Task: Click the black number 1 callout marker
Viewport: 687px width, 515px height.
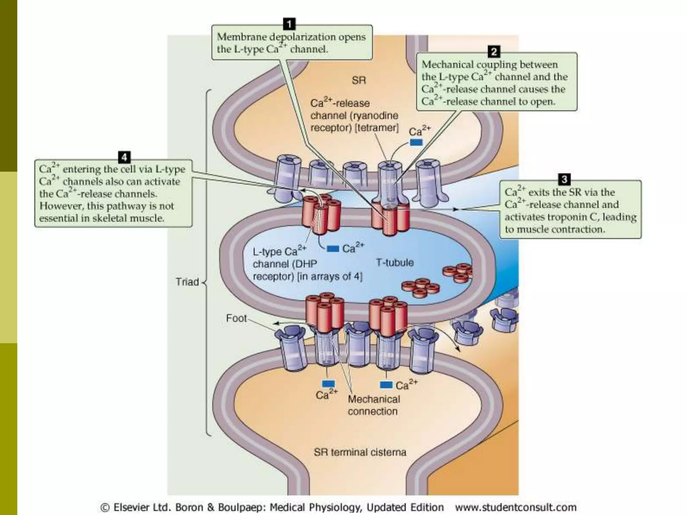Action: click(x=289, y=24)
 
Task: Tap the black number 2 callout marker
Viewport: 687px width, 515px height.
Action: click(x=493, y=52)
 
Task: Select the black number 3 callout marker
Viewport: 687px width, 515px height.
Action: click(x=564, y=179)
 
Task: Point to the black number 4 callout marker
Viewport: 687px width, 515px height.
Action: click(x=124, y=157)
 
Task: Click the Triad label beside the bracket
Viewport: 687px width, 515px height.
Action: click(x=187, y=282)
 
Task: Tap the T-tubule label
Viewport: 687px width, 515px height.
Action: click(x=394, y=263)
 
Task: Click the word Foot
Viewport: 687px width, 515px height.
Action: click(x=236, y=318)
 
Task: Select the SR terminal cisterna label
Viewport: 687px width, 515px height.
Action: click(x=360, y=452)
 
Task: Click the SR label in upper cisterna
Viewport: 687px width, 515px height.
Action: click(x=359, y=80)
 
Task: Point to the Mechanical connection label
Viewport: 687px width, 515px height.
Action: click(x=373, y=405)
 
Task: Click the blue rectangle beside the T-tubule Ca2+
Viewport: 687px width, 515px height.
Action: click(x=333, y=248)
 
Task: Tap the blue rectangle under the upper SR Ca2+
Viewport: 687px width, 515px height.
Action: click(x=416, y=143)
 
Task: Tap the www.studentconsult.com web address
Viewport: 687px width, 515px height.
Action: click(x=515, y=507)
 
